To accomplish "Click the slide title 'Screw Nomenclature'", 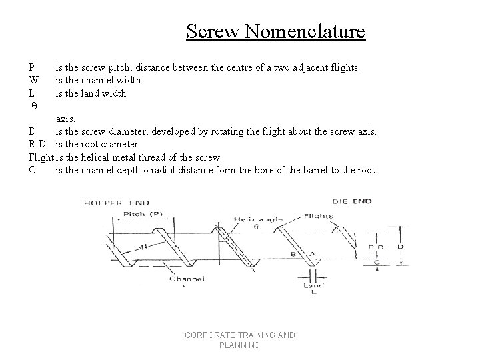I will point(275,31).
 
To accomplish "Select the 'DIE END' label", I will point(353,201).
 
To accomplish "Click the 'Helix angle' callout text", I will point(259,219).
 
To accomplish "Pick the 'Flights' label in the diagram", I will point(318,216).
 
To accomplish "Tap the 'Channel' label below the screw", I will point(187,279).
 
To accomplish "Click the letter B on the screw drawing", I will point(293,254).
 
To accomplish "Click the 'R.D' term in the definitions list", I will point(37,144).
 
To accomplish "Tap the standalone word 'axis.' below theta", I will point(65,119).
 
